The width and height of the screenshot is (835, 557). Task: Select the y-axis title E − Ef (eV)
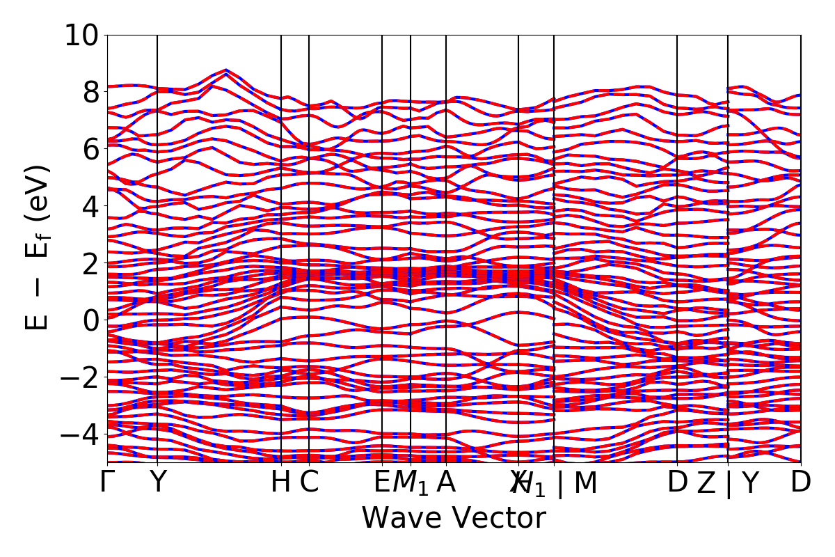[x=38, y=247]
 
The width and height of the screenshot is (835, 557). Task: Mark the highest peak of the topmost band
[x=225, y=70]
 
